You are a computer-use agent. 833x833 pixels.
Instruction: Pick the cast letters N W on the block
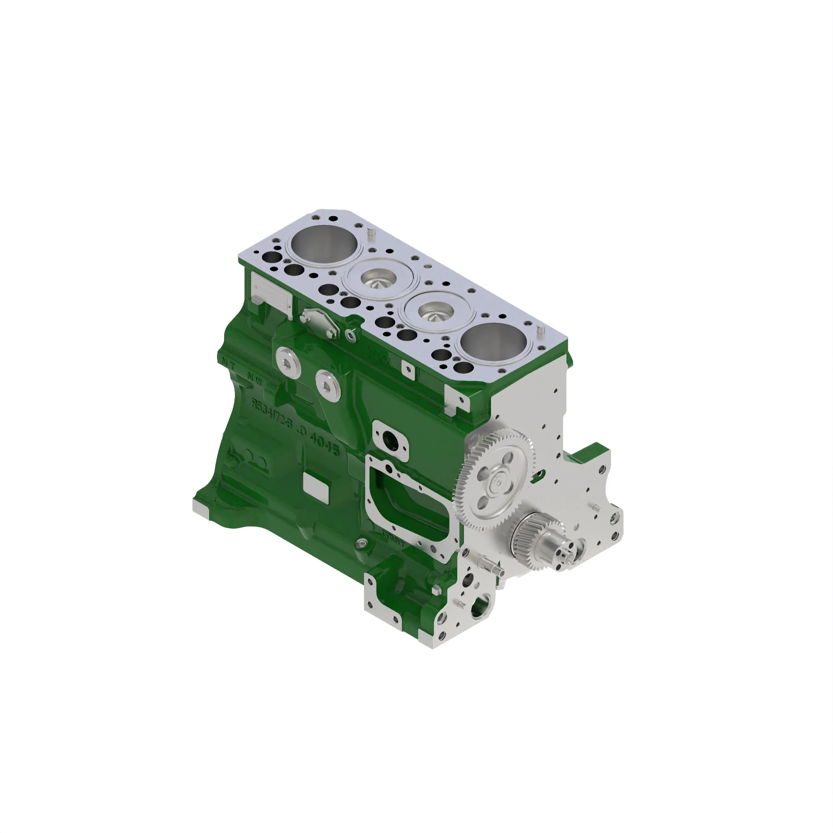click(x=254, y=379)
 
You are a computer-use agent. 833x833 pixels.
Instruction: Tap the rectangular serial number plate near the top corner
click(x=272, y=294)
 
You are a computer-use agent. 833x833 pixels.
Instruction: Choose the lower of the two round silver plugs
click(x=329, y=385)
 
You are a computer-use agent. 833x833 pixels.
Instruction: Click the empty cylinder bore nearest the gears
click(x=493, y=343)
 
